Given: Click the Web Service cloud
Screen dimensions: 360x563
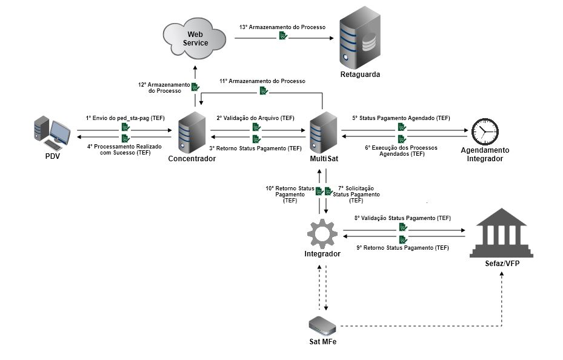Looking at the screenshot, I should pyautogui.click(x=195, y=38).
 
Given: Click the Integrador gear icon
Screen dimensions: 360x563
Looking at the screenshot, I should pyautogui.click(x=322, y=233).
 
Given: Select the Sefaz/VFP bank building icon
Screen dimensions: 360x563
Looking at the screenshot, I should pyautogui.click(x=502, y=234).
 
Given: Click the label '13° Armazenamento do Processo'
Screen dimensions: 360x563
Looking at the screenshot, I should pyautogui.click(x=282, y=28).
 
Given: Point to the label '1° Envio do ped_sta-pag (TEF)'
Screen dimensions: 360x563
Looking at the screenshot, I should pyautogui.click(x=125, y=118).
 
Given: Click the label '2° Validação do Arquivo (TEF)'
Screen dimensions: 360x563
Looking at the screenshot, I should pyautogui.click(x=256, y=118).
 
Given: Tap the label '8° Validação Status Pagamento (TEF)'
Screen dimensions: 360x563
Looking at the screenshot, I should pyautogui.click(x=402, y=218).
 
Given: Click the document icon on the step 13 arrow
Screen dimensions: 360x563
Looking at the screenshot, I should pyautogui.click(x=283, y=37).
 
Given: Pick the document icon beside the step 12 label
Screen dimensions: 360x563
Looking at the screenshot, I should pyautogui.click(x=195, y=87).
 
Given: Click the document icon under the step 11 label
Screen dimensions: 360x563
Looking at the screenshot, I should pyautogui.click(x=264, y=90).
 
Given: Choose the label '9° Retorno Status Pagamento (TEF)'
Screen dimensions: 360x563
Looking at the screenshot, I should pyautogui.click(x=402, y=248).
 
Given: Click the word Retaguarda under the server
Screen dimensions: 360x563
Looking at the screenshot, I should pyautogui.click(x=360, y=75).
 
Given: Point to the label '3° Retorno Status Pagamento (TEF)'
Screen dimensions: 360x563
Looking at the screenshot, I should pyautogui.click(x=255, y=148).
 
